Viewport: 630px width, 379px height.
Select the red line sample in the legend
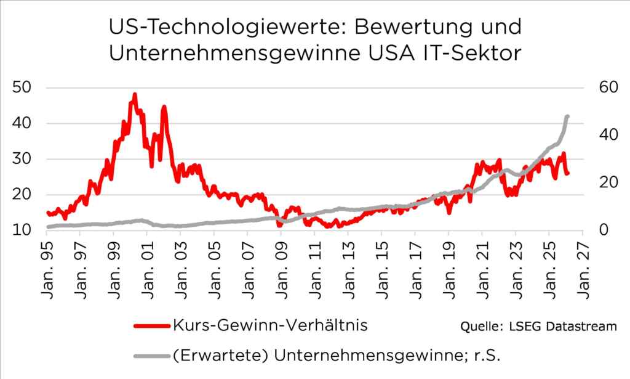[147, 325]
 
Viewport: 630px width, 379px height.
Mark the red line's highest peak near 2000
[134, 95]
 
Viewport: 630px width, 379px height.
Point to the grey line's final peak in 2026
[567, 116]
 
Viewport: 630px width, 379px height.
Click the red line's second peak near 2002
[164, 107]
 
